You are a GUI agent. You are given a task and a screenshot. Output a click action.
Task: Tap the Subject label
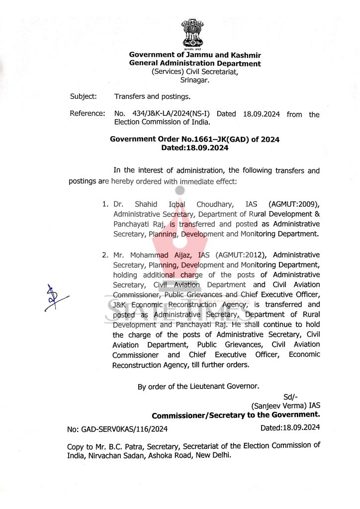pos(84,96)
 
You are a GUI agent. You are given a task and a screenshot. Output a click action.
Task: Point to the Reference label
pos(88,114)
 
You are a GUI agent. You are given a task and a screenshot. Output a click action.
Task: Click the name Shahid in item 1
pos(145,204)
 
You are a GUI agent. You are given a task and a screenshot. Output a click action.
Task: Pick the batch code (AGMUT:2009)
pos(294,204)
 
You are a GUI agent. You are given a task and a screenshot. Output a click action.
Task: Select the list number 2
pos(104,255)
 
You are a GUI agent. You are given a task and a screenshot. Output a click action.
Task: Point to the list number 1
pos(104,204)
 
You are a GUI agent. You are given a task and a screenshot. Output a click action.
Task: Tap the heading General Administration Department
pos(195,64)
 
